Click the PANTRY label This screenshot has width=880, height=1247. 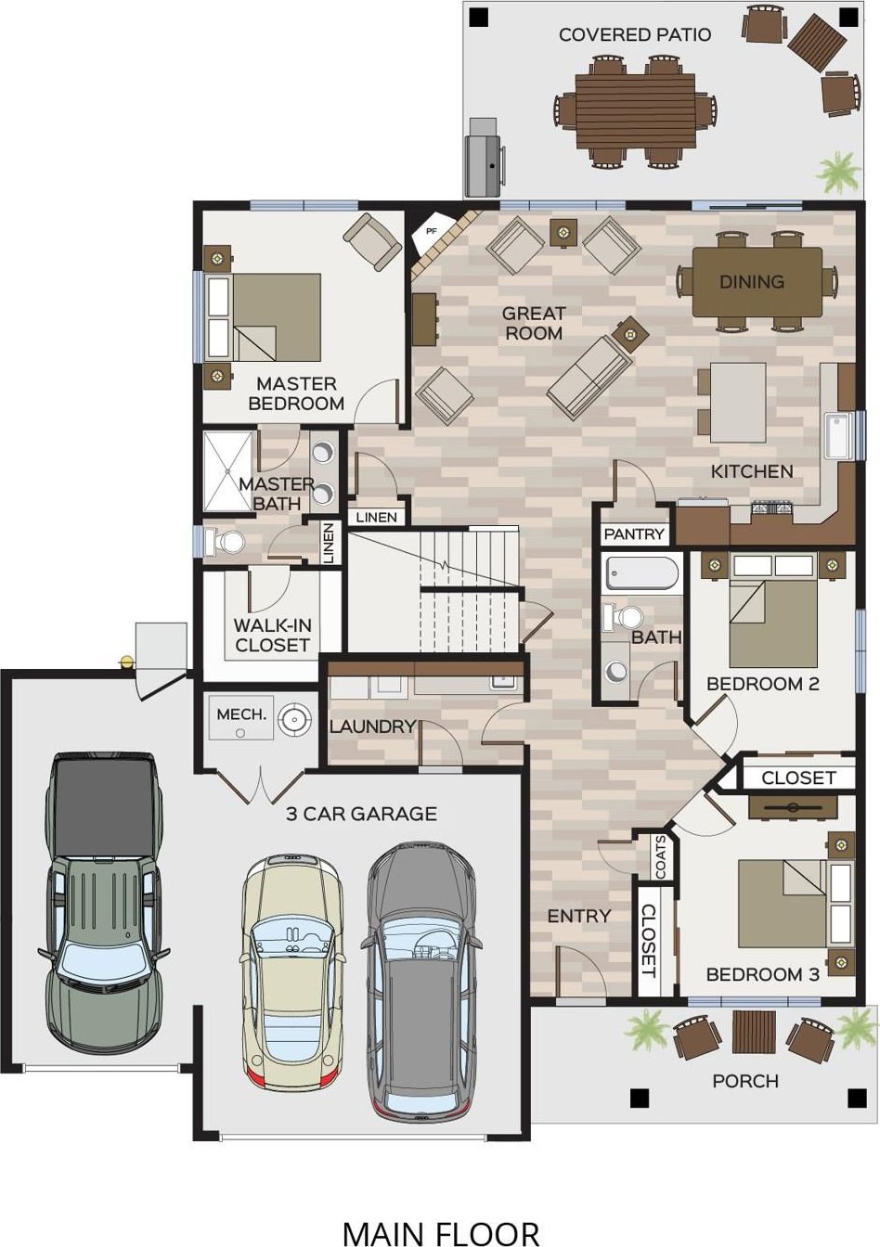click(x=634, y=534)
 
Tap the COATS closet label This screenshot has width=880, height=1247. click(x=661, y=858)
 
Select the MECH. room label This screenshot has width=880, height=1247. click(x=240, y=714)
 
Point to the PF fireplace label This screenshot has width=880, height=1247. click(x=431, y=230)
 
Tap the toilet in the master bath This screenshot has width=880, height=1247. click(x=225, y=541)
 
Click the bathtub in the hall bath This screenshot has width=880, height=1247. click(x=641, y=573)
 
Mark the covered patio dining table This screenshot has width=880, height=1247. click(x=636, y=111)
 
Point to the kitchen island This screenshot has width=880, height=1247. click(x=738, y=402)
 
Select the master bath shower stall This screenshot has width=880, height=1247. click(x=227, y=470)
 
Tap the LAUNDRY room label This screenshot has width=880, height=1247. click(x=372, y=726)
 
